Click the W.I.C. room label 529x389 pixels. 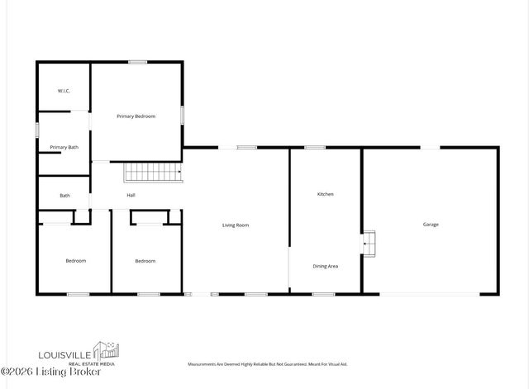click(63, 90)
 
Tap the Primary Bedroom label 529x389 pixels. click(136, 116)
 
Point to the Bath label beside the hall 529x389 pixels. click(64, 196)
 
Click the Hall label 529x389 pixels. click(131, 196)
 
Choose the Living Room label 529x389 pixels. click(236, 225)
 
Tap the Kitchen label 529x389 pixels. click(326, 194)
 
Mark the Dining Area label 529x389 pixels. click(326, 266)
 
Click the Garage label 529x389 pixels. click(431, 225)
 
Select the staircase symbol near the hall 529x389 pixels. click(153, 173)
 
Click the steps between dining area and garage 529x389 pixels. click(369, 244)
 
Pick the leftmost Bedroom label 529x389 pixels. click(76, 261)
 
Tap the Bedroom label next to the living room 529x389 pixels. click(145, 261)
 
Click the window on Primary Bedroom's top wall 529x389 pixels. click(137, 61)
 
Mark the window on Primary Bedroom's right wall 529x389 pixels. click(182, 113)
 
